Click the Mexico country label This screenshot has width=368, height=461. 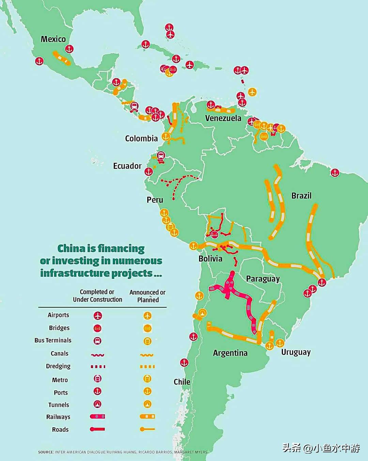(x=53, y=39)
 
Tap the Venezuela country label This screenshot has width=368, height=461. (x=223, y=118)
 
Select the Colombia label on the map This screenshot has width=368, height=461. (x=141, y=138)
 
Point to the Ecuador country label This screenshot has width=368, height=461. (x=127, y=166)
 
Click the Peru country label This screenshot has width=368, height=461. (x=155, y=200)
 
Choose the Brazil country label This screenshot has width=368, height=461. (x=301, y=196)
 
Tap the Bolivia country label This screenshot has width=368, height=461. (x=210, y=259)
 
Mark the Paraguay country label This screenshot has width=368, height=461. (x=263, y=279)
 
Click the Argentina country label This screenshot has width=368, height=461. (x=230, y=353)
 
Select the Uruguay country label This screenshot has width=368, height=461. (x=296, y=352)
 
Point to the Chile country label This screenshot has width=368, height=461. (x=182, y=382)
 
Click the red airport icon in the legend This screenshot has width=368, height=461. (x=98, y=315)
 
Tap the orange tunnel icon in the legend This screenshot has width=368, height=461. (x=147, y=404)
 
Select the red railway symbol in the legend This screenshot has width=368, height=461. (x=98, y=416)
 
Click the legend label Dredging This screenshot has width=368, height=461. (x=58, y=366)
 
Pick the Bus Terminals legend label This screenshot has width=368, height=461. (x=53, y=340)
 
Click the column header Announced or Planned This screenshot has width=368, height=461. (x=148, y=296)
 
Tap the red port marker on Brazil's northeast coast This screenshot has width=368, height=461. (x=335, y=173)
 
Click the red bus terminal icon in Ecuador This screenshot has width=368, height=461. (x=160, y=156)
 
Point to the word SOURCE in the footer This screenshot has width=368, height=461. (x=46, y=452)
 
